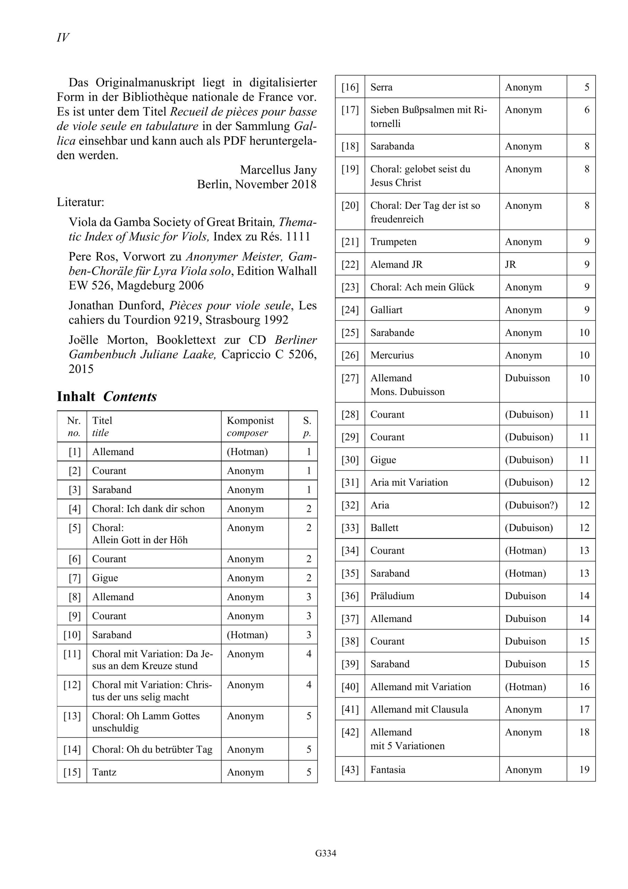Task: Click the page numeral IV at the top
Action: tap(63, 38)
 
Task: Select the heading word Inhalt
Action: tap(76, 397)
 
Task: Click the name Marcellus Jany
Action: tap(278, 169)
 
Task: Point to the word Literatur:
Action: tap(81, 202)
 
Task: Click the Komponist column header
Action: tap(250, 421)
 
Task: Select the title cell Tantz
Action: tap(104, 772)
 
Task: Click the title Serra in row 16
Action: tap(382, 87)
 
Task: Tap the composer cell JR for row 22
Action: tap(510, 265)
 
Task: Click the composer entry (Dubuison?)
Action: tap(531, 505)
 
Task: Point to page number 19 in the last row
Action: tap(584, 769)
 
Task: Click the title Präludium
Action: tap(392, 596)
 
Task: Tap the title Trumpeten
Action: tap(393, 242)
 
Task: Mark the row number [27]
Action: tap(350, 378)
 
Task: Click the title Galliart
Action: tap(386, 310)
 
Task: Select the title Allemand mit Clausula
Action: tap(419, 709)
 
